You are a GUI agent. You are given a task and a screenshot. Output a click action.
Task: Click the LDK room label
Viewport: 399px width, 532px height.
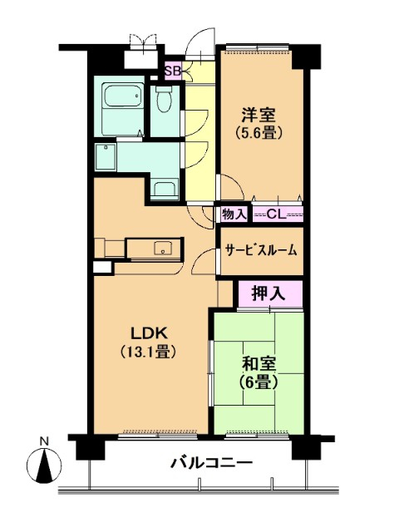pyautogui.click(x=150, y=333)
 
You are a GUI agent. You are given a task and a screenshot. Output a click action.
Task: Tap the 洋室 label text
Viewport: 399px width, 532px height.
pyautogui.click(x=259, y=115)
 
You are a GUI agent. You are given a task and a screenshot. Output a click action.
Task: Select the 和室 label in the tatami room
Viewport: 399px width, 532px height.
pyautogui.click(x=259, y=364)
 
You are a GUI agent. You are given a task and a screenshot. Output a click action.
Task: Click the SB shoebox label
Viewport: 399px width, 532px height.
pyautogui.click(x=173, y=71)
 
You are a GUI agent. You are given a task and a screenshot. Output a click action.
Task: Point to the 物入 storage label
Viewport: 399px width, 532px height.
pyautogui.click(x=234, y=214)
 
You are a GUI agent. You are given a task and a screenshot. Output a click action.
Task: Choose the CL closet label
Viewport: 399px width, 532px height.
pyautogui.click(x=277, y=214)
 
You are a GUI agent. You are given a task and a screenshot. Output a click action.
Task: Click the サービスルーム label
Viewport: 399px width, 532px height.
pyautogui.click(x=261, y=250)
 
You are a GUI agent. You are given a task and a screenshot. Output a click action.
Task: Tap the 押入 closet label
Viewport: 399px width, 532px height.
pyautogui.click(x=268, y=293)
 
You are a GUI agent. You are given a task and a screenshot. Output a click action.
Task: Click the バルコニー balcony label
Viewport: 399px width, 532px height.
pyautogui.click(x=211, y=462)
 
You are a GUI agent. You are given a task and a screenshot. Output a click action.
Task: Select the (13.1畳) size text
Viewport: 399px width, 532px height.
pyautogui.click(x=150, y=352)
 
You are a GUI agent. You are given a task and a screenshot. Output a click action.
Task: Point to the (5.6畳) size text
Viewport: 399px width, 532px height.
pyautogui.click(x=259, y=132)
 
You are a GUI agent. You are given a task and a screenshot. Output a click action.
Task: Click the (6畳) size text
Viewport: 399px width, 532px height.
pyautogui.click(x=259, y=382)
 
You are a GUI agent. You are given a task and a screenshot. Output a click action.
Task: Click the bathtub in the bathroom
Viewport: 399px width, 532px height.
pyautogui.click(x=122, y=96)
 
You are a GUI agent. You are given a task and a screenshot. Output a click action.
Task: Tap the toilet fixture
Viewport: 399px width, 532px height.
pyautogui.click(x=165, y=98)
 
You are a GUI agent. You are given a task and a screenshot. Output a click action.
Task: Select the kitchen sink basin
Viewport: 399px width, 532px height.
pyautogui.click(x=163, y=248)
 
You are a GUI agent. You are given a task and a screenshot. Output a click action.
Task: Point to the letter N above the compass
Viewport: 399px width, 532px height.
pyautogui.click(x=44, y=441)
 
